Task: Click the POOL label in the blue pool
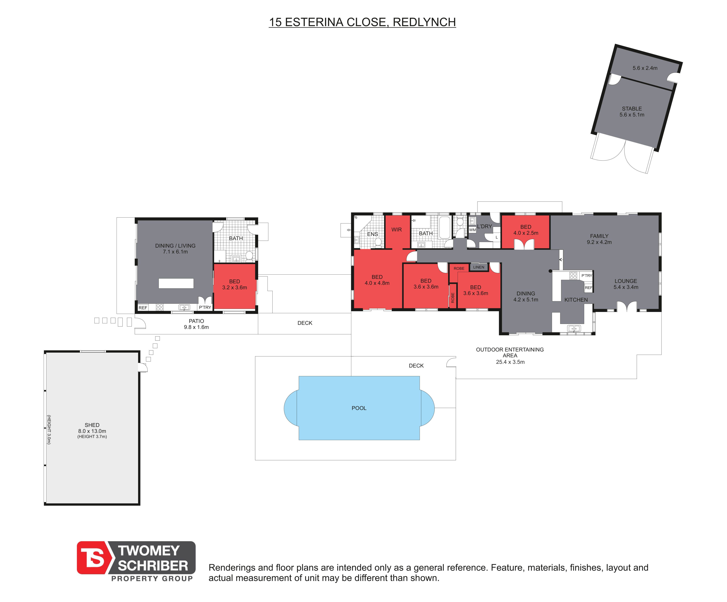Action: coord(359,408)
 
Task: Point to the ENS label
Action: coord(372,234)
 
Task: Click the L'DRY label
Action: coord(484,226)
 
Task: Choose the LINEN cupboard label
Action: coord(479,267)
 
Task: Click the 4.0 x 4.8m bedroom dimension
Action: coord(377,283)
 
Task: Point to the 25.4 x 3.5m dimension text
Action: coord(510,362)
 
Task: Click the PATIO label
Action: coord(196,321)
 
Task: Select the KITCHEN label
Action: coord(576,300)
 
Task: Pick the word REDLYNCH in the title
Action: coord(424,22)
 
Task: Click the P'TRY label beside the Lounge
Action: coord(587,276)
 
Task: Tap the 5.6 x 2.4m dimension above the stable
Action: coord(645,68)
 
